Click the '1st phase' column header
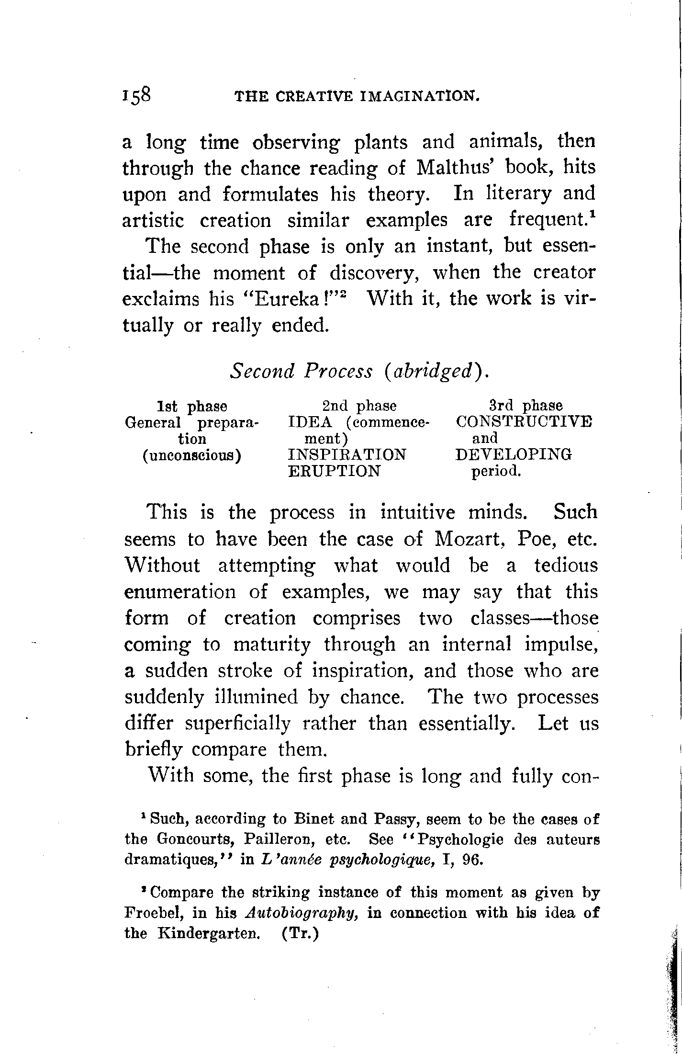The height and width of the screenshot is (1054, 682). [x=192, y=407]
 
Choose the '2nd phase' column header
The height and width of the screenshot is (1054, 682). [x=359, y=406]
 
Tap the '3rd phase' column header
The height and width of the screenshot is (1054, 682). [x=525, y=406]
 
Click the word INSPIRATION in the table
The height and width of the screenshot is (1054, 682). [x=347, y=454]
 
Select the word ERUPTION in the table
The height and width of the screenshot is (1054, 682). [x=334, y=471]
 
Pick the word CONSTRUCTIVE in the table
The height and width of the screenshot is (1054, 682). [x=524, y=422]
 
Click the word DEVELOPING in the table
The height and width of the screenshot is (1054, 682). [x=514, y=454]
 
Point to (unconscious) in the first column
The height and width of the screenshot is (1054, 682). [x=191, y=455]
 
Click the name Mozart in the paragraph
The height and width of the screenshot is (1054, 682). [x=464, y=540]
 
